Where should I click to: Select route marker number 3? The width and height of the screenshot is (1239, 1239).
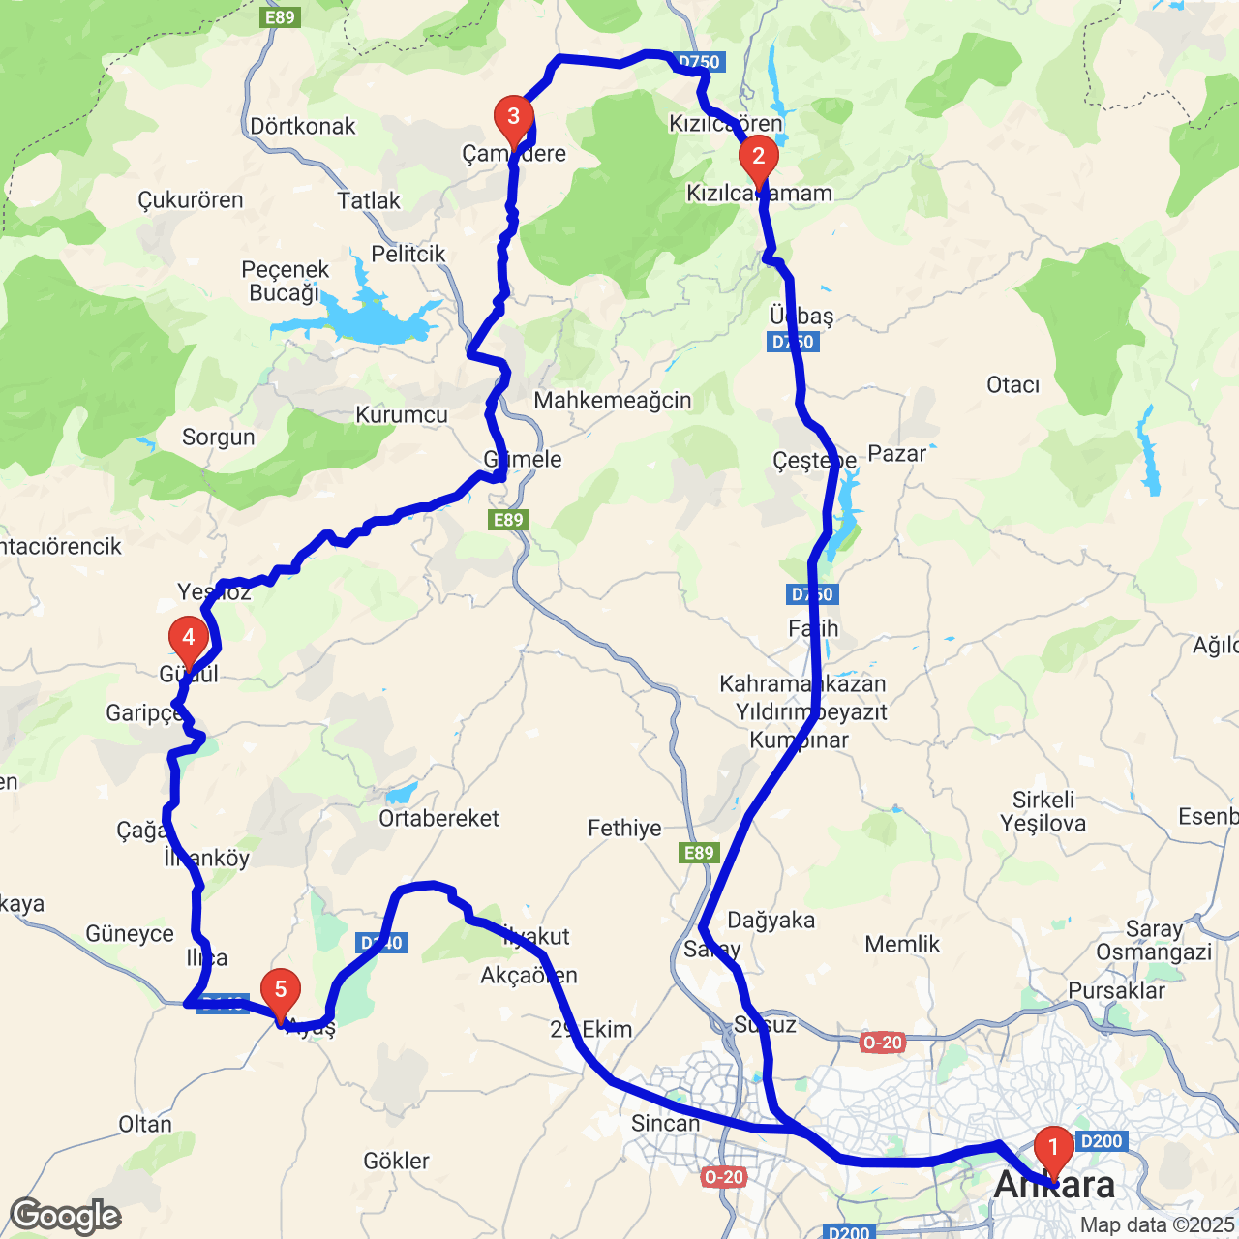[513, 118]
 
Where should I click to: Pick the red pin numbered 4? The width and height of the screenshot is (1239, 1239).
[189, 639]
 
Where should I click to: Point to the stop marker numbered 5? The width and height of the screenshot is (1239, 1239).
[281, 991]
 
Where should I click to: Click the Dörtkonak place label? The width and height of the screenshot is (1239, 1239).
[303, 127]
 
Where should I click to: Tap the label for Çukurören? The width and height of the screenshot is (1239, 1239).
[191, 200]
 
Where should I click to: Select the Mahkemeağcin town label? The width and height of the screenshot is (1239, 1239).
[613, 401]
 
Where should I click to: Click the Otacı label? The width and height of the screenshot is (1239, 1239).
[1013, 385]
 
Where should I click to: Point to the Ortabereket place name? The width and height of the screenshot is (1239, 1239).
[439, 819]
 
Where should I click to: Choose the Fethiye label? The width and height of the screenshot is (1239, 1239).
[625, 829]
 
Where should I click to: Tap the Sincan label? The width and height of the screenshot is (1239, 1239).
[665, 1124]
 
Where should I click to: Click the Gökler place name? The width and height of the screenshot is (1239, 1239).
[397, 1161]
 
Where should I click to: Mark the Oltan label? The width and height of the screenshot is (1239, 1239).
[145, 1125]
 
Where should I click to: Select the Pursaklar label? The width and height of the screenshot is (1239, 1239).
[1117, 991]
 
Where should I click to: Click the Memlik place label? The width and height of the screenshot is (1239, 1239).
[902, 945]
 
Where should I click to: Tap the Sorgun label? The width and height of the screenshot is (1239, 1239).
[219, 438]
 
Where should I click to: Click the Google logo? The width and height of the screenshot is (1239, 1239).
[66, 1216]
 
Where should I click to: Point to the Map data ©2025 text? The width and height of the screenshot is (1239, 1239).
[1158, 1225]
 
